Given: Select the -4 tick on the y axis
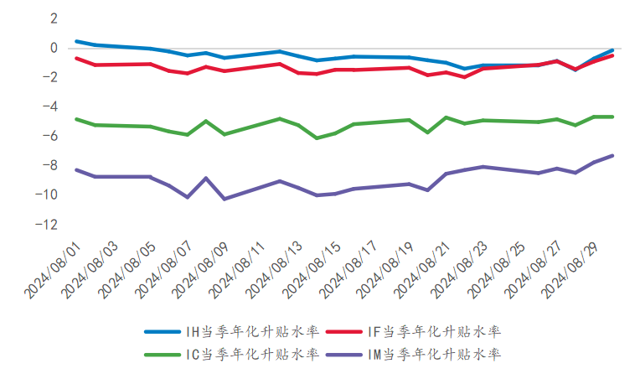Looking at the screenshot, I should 51,106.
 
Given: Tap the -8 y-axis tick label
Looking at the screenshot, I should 51,165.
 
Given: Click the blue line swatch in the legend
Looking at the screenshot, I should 161,332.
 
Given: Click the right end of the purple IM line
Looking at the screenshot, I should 612,155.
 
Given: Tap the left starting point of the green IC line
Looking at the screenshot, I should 76,119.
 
